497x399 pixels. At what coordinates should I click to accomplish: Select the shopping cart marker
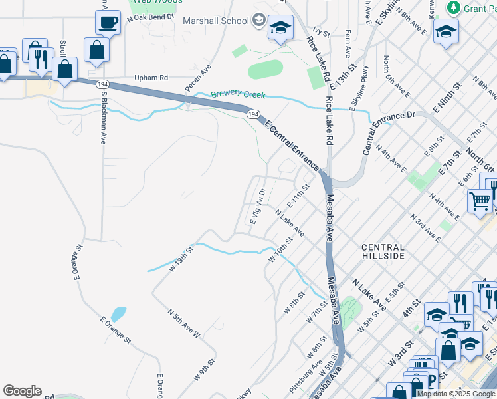(479, 199)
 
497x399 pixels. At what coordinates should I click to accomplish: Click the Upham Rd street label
(152, 78)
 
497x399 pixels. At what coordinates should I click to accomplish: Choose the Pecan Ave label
(198, 78)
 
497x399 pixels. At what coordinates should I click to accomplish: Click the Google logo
(22, 391)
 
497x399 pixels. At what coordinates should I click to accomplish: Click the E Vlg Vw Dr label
(257, 206)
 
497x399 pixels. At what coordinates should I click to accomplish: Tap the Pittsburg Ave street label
(306, 376)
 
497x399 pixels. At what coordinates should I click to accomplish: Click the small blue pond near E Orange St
(119, 314)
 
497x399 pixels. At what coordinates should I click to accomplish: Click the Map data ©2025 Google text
(456, 394)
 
